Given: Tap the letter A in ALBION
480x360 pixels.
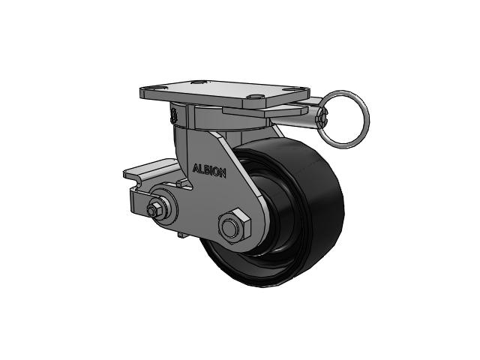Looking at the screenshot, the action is pyautogui.click(x=196, y=168).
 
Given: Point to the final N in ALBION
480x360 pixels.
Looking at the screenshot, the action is pyautogui.click(x=223, y=174).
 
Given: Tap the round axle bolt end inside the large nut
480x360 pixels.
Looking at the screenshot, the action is pyautogui.click(x=229, y=228).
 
